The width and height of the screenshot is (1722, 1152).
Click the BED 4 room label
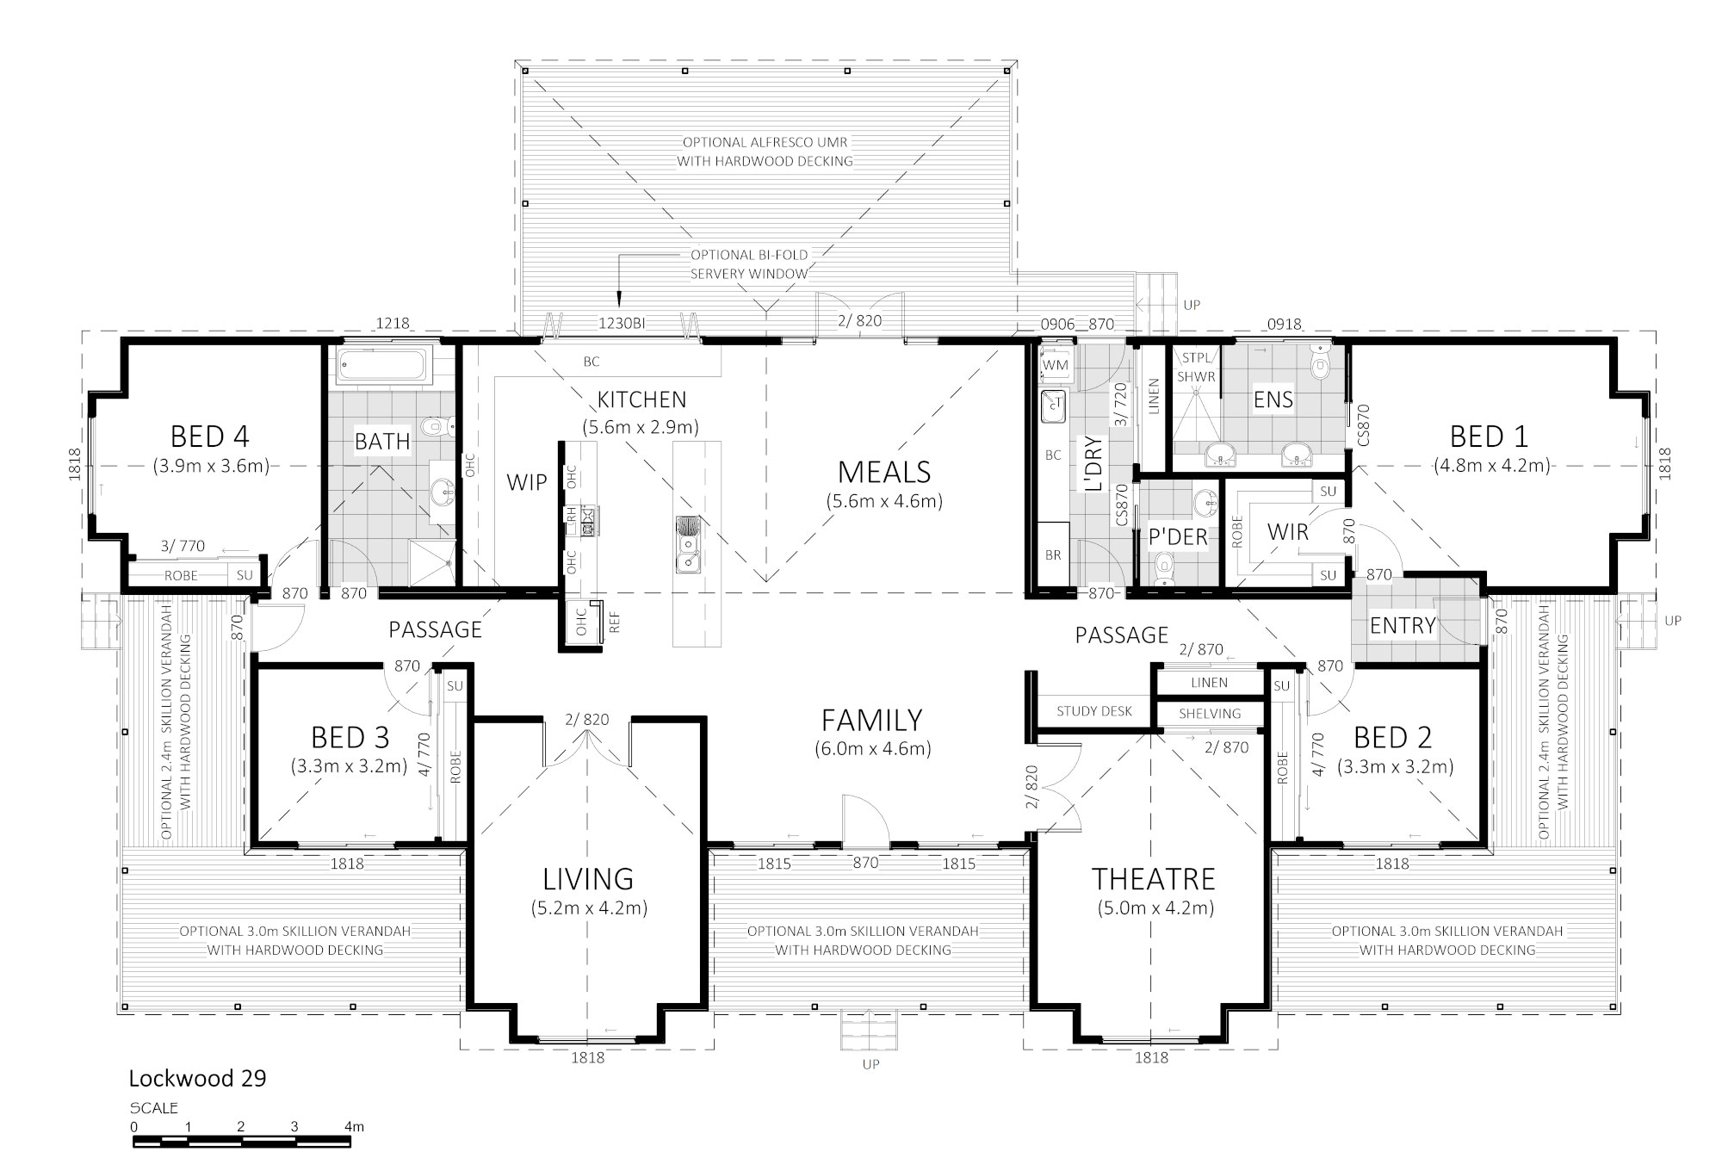pos(210,437)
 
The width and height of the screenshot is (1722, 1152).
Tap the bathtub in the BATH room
pos(382,366)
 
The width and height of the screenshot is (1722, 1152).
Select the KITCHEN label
pos(641,399)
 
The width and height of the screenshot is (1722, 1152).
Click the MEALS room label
pos(884,472)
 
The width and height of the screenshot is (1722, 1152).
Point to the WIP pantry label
pos(527,482)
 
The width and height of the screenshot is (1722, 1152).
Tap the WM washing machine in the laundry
pos(1056,365)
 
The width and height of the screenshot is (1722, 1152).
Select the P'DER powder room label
pos(1178,536)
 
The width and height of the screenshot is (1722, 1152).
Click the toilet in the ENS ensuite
pos(1319,362)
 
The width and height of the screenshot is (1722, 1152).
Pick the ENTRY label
pos(1403,625)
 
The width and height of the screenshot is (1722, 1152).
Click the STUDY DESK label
pos(1094,711)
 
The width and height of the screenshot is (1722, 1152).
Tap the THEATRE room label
pos(1153,879)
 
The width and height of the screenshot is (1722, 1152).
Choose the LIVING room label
pos(588,879)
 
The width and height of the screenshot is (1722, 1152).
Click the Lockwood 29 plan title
pos(197,1078)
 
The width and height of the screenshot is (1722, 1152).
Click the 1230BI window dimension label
pos(623,324)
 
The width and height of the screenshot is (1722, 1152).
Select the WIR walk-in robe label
pos(1288,532)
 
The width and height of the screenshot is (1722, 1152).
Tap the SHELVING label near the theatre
pos(1210,714)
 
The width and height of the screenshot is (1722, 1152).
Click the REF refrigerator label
pos(615,622)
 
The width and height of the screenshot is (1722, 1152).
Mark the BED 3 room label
pos(350,738)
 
